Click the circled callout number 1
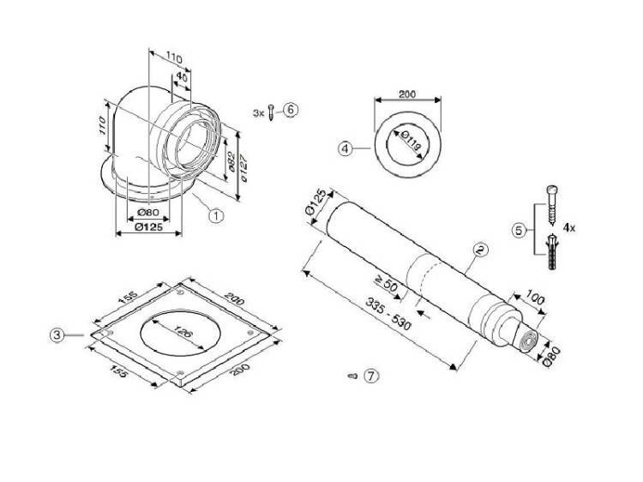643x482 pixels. tap(216, 215)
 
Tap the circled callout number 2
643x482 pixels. tap(480, 250)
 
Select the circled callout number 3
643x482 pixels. tap(57, 335)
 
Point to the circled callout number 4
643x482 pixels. tap(346, 148)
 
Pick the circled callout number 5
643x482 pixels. tap(519, 230)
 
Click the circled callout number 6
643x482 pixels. tap(291, 110)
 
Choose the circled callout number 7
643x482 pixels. tap(371, 376)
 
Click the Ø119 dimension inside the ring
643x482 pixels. tap(411, 140)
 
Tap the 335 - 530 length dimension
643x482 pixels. tap(388, 313)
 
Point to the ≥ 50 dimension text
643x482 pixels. tap(387, 284)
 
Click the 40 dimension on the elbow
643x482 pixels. tap(181, 77)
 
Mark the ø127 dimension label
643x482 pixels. tap(243, 167)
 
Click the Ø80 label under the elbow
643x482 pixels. tap(148, 212)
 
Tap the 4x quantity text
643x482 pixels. tap(568, 227)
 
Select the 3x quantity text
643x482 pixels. tap(258, 113)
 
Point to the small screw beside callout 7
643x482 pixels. tap(352, 376)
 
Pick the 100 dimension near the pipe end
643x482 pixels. tap(536, 298)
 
